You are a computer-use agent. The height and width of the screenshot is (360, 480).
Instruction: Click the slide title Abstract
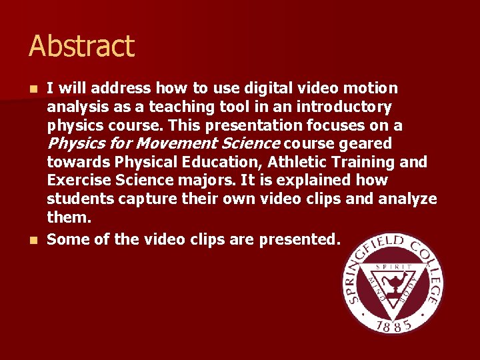[81, 47]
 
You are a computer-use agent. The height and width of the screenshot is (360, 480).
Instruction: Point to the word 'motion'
[372, 88]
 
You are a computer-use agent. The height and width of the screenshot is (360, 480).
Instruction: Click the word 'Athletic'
[301, 162]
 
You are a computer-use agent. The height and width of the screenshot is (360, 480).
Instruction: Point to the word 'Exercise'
[75, 181]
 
